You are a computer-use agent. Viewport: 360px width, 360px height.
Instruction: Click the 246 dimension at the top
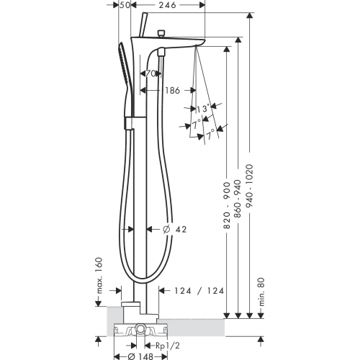point(168,5)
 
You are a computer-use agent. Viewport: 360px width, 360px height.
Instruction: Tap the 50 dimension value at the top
point(125,5)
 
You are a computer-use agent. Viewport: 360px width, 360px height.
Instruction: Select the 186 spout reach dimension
point(173,91)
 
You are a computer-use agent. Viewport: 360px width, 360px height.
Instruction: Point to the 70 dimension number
point(151,73)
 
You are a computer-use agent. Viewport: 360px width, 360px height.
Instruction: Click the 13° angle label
point(203,109)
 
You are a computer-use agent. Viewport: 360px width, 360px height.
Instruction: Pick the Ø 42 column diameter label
point(174,230)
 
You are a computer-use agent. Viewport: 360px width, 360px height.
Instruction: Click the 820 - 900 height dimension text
point(227,205)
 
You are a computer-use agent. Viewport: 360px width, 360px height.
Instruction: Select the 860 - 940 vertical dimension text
point(238,199)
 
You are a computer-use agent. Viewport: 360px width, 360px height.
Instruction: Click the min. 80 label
point(261,292)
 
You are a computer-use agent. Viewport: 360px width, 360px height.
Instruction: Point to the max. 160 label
point(99,276)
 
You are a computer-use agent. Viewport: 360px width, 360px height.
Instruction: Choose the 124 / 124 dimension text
point(199,291)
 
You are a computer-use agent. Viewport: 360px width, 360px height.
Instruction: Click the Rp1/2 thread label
point(168,346)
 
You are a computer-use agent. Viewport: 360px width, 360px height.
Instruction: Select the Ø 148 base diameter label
point(140,356)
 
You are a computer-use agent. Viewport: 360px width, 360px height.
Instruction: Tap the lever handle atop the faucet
point(143,24)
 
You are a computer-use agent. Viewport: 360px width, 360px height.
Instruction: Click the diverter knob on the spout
point(161,33)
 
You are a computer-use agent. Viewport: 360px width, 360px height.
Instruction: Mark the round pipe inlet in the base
point(140,328)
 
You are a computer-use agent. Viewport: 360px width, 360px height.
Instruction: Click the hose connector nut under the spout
point(161,53)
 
